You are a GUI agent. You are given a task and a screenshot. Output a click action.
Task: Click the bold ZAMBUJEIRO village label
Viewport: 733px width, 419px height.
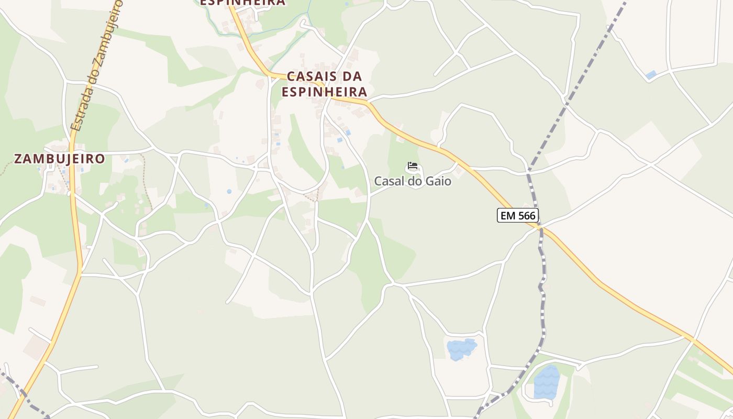pyautogui.click(x=59, y=159)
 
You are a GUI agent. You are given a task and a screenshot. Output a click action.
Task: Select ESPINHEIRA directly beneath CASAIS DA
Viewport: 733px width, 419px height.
pyautogui.click(x=324, y=92)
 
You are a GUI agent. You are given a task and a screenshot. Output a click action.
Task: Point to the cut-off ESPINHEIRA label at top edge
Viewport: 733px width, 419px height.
pyautogui.click(x=243, y=3)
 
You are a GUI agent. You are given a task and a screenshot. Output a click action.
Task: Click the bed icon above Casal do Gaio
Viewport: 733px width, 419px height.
pyautogui.click(x=413, y=167)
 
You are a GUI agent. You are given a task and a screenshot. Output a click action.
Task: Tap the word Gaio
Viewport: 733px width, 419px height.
pyautogui.click(x=439, y=181)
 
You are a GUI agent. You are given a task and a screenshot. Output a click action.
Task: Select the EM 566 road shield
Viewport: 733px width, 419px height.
pyautogui.click(x=517, y=215)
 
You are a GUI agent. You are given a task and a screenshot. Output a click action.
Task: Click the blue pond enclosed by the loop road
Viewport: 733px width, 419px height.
pyautogui.click(x=546, y=382)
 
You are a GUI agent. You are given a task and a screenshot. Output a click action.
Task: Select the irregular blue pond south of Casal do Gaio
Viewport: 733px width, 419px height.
pyautogui.click(x=461, y=349)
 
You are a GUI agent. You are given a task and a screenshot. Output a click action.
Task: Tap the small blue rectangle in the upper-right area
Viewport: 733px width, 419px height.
pyautogui.click(x=651, y=75)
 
